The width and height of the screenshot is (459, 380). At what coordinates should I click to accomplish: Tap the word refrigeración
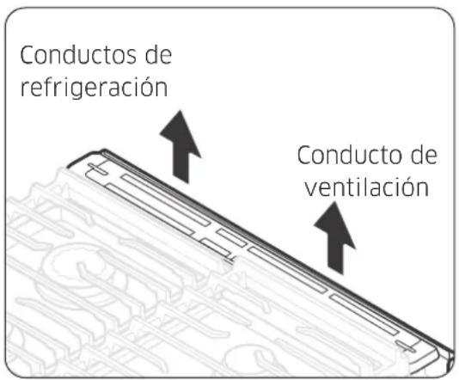coord(94,89)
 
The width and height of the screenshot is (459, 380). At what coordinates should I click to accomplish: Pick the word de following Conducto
coord(420,157)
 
